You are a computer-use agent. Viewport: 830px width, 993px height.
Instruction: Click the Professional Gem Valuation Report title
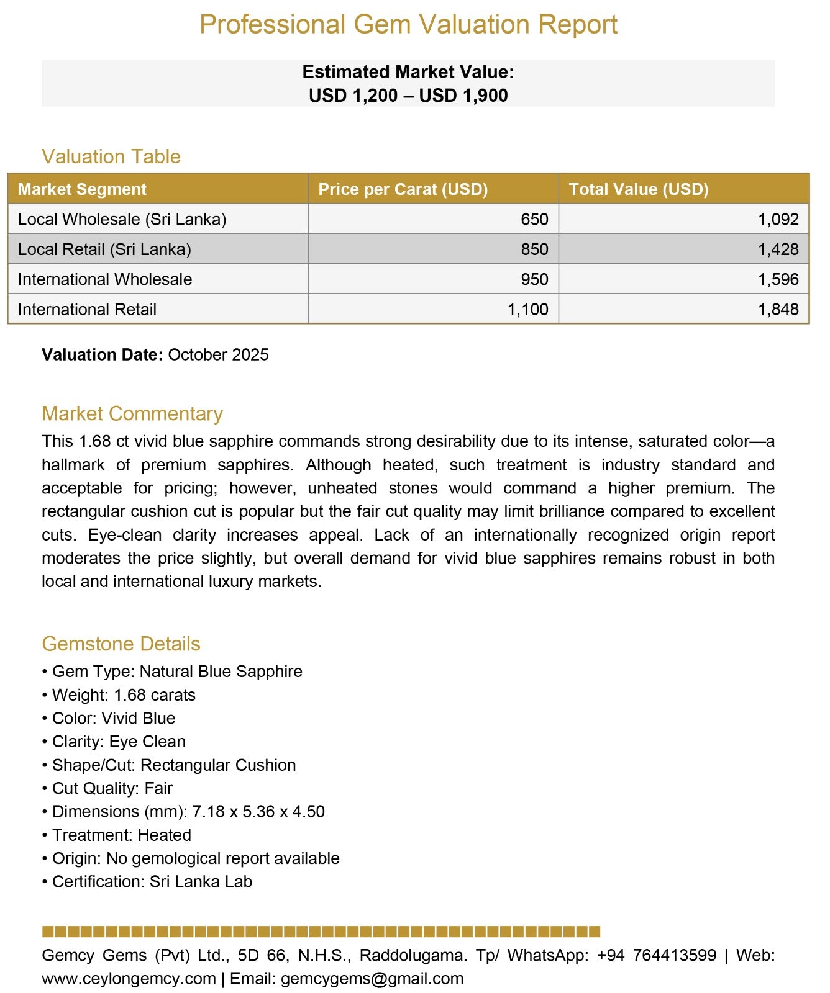pos(408,25)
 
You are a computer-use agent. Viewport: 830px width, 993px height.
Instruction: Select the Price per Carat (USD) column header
pos(403,189)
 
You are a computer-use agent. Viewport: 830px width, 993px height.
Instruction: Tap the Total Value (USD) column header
pos(639,189)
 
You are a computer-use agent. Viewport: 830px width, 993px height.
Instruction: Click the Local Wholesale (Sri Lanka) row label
pos(122,220)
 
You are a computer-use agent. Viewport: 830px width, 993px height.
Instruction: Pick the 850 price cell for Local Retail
pos(534,249)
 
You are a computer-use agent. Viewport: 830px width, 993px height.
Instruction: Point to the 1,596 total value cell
pos(778,279)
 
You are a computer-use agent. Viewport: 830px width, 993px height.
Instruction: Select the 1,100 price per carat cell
pos(527,309)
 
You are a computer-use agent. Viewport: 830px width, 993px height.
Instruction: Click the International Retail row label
pos(87,309)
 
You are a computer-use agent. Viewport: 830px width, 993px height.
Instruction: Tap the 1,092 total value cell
pos(778,220)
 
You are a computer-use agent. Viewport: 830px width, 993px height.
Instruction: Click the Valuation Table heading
pos(111,156)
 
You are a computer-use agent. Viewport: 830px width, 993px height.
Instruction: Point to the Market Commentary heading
pos(132,413)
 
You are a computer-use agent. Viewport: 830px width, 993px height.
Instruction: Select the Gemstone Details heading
pos(121,644)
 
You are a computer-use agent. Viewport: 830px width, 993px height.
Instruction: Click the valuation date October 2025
pos(218,355)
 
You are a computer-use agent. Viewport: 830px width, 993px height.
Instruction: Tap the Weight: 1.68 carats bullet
pos(123,695)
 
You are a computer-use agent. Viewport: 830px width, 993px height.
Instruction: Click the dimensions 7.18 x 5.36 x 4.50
pos(258,812)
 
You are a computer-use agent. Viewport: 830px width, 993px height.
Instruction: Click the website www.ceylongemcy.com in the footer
pos(129,979)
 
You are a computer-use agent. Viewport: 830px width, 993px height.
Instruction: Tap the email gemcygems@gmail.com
pos(372,979)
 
